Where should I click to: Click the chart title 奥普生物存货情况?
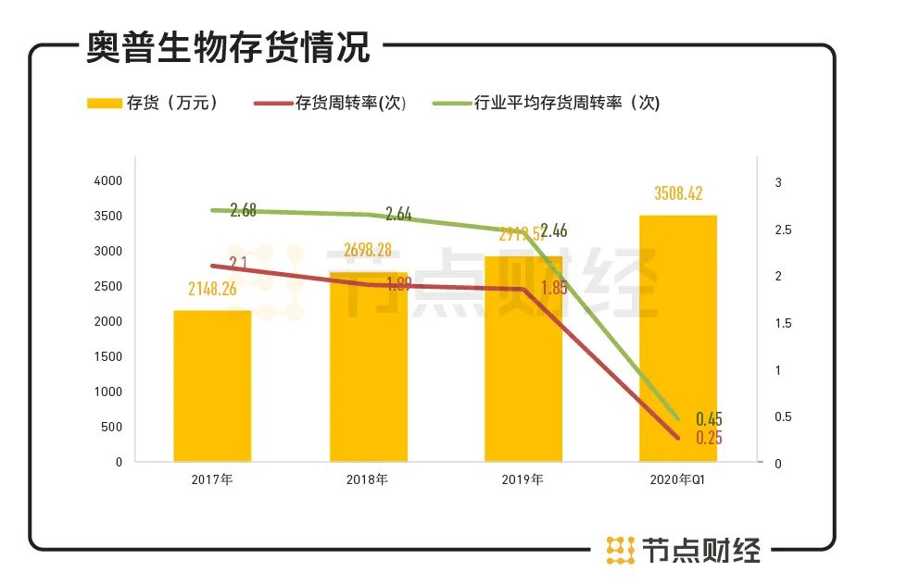click(x=228, y=46)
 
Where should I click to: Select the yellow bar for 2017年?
click(x=212, y=386)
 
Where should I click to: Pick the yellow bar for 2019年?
click(x=523, y=361)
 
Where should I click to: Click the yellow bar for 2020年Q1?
click(x=678, y=339)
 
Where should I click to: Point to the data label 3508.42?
click(x=678, y=194)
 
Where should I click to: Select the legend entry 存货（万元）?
click(x=153, y=103)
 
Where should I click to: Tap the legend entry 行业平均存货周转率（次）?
click(x=547, y=103)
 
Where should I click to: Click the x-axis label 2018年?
click(x=368, y=479)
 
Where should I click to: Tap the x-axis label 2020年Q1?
click(x=679, y=479)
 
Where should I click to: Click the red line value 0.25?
click(x=709, y=438)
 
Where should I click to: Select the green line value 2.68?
click(x=243, y=211)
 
